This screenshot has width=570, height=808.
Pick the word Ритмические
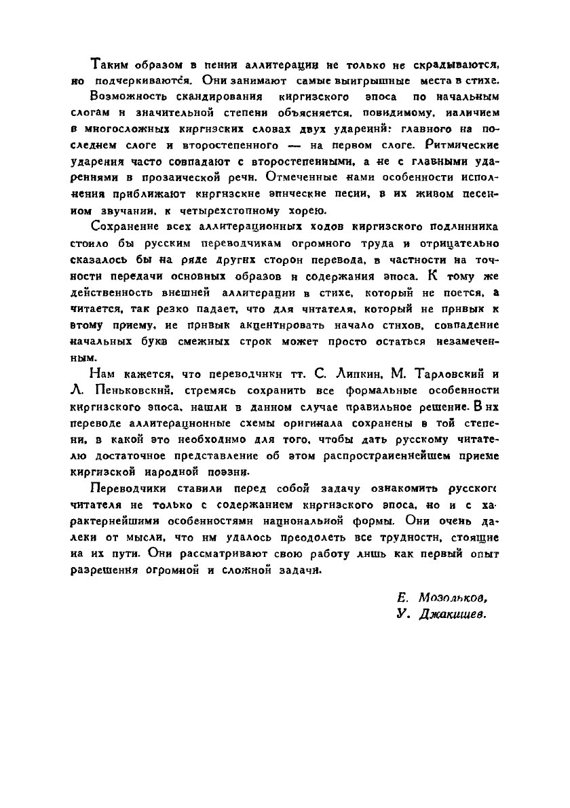(x=459, y=145)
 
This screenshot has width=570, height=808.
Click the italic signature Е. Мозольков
(x=442, y=598)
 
